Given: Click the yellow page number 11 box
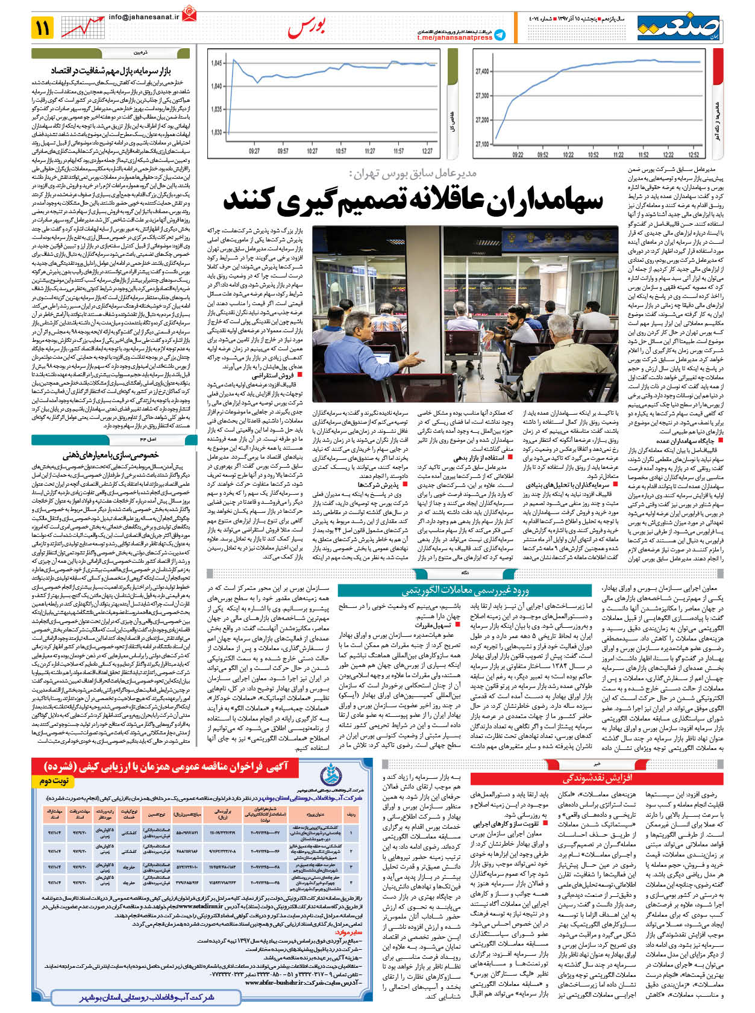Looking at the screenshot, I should click(x=43, y=27).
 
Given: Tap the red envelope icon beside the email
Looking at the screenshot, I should click(x=190, y=12).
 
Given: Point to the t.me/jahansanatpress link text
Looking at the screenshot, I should click(x=454, y=38).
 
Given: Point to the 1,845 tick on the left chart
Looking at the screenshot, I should click(x=216, y=63).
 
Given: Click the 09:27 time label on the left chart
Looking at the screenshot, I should click(x=254, y=151).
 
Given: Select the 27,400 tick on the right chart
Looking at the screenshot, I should click(x=483, y=72).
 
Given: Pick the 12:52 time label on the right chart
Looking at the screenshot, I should click(x=694, y=155).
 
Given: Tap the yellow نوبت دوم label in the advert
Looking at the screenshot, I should click(x=54, y=781).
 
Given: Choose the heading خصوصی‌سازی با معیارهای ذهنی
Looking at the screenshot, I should click(x=111, y=455).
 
